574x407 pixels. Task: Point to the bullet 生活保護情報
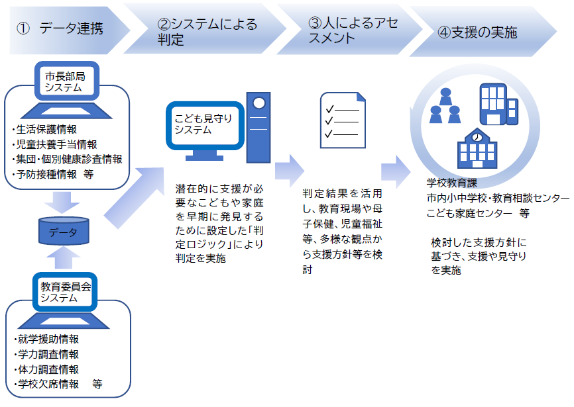44,128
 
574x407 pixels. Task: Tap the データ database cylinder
64,231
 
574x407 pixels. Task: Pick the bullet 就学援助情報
45,339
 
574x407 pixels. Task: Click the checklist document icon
343,120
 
